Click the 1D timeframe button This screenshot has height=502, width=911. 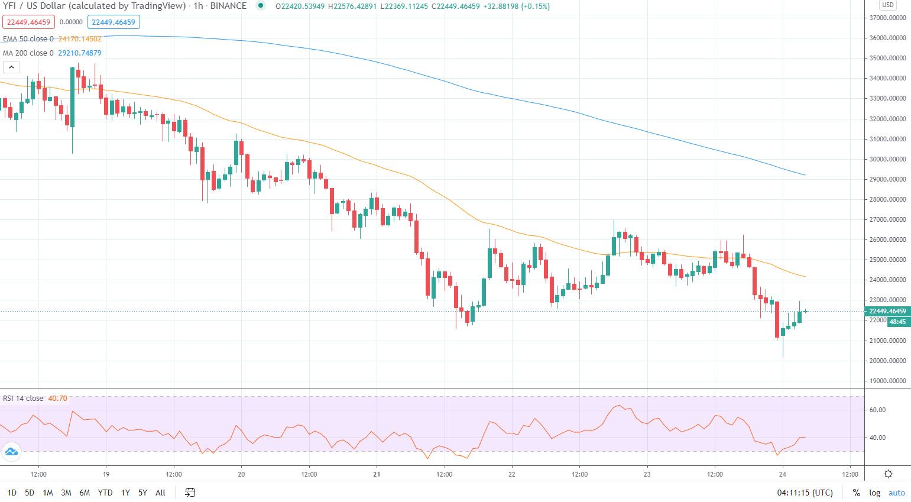(x=12, y=493)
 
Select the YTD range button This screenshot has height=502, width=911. (x=105, y=493)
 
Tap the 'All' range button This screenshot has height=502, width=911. (x=160, y=493)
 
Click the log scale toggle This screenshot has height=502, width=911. (x=874, y=493)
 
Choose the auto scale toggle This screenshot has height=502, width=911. (x=896, y=493)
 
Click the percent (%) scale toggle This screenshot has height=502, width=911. (x=856, y=493)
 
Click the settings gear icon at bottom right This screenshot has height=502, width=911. (x=888, y=474)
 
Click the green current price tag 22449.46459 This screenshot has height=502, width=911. (x=887, y=311)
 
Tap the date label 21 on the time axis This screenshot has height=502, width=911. (x=377, y=474)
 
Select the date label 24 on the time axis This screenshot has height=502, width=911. (x=782, y=474)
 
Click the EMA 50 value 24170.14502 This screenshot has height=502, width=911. (x=80, y=39)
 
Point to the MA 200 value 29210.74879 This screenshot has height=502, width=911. (x=80, y=53)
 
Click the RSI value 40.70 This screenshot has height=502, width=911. (x=57, y=399)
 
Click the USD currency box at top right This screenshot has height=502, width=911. (x=887, y=5)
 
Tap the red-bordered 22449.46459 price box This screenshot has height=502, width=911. (x=28, y=22)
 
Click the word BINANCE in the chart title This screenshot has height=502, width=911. (x=228, y=6)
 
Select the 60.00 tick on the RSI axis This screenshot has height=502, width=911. (x=877, y=410)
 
